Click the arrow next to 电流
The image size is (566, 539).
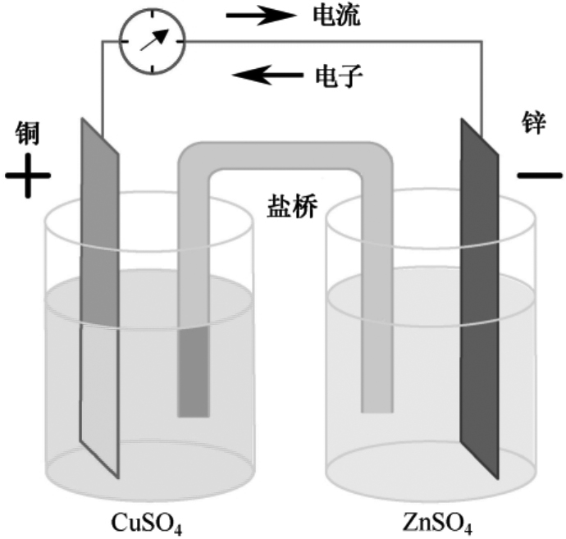tap(261, 16)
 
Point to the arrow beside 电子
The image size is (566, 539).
tap(264, 76)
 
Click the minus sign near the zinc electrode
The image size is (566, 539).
tap(540, 175)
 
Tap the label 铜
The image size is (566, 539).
tap(28, 131)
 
